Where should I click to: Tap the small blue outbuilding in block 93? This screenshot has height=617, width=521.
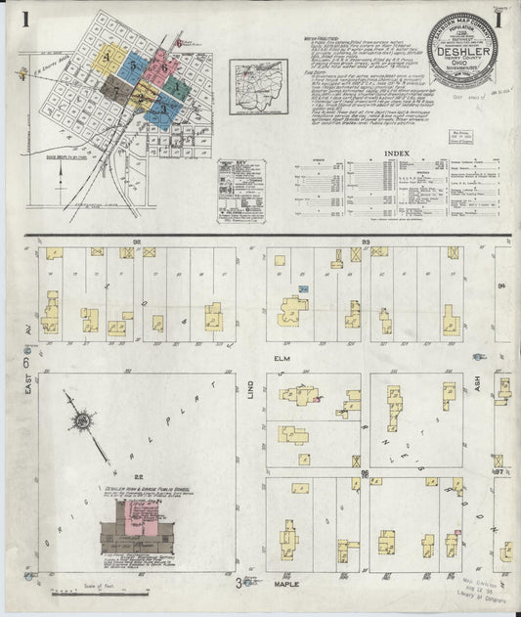pos(304,289)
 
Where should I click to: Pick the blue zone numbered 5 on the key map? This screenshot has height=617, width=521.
pos(135,66)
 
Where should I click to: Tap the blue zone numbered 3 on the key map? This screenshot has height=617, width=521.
pos(161,110)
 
